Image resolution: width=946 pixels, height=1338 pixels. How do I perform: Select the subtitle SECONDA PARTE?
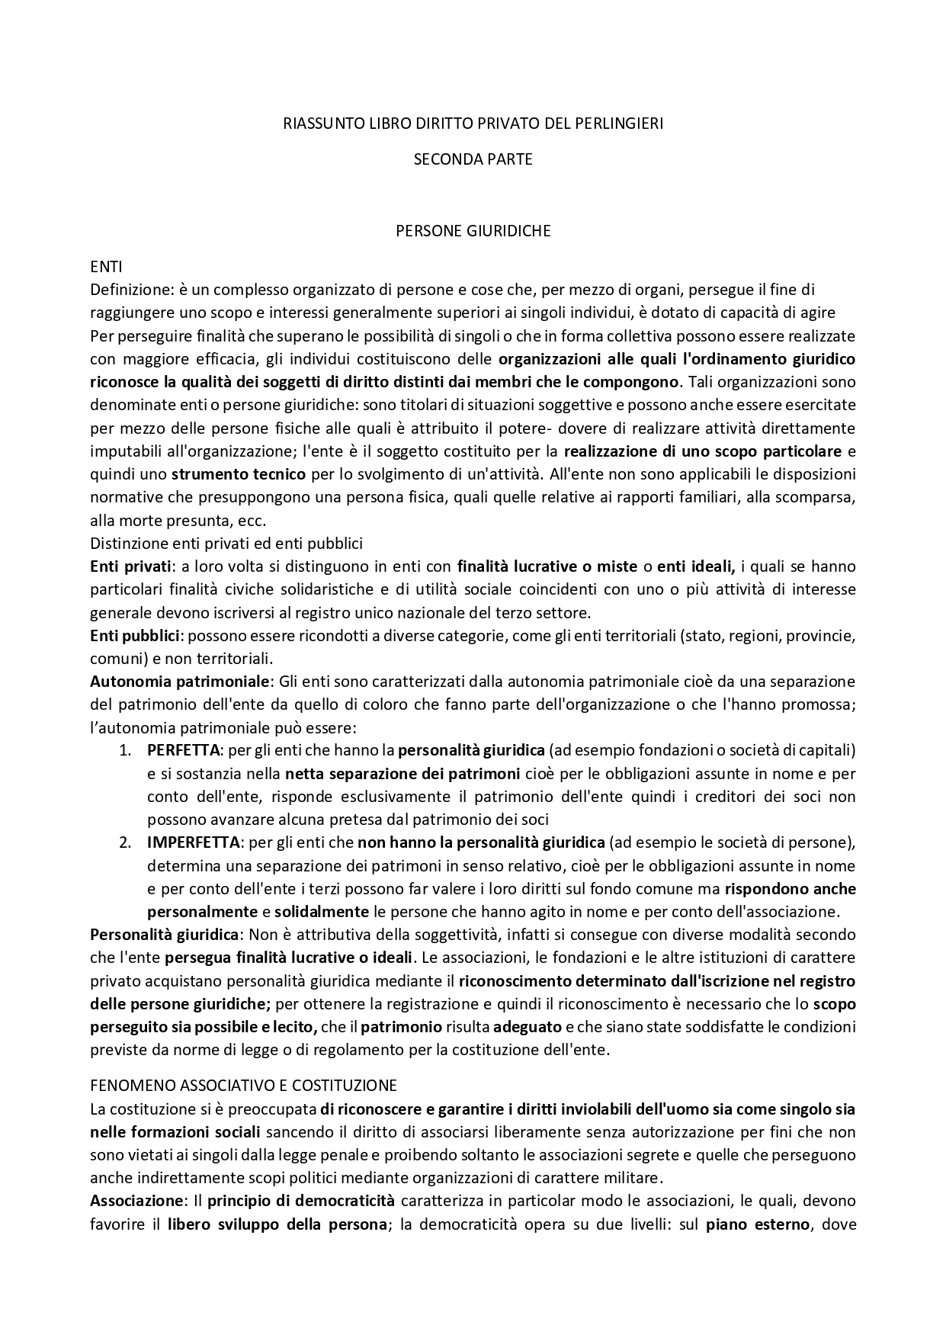473,159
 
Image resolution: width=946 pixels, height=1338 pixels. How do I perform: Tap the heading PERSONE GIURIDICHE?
473,231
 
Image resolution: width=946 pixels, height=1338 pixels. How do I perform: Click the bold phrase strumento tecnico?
239,473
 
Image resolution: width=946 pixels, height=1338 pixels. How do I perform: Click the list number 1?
124,750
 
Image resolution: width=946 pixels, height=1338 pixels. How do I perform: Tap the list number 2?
124,842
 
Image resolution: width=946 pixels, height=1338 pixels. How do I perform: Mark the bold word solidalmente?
322,911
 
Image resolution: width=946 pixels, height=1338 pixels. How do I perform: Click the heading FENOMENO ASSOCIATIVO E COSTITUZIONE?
243,1085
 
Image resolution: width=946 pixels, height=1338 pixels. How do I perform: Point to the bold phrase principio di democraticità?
301,1200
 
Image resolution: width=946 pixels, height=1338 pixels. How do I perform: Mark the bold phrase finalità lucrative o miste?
546,566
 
